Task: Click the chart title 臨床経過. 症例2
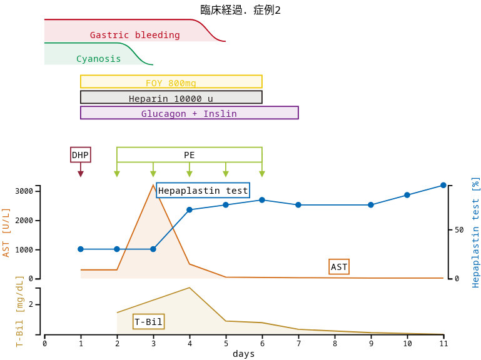(240, 10)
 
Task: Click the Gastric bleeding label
(134, 35)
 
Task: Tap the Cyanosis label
(98, 59)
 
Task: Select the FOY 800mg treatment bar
(171, 82)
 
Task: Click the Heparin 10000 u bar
(171, 97)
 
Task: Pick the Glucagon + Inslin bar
(189, 113)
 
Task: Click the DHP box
(80, 155)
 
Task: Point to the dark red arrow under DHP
(81, 173)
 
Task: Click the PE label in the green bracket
(189, 155)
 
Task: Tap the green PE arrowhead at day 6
(262, 174)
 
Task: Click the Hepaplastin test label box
(203, 191)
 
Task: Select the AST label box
(339, 267)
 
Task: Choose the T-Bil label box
(149, 322)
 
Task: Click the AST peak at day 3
(153, 184)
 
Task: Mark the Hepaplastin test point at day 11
(443, 185)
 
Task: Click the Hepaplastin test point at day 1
(81, 249)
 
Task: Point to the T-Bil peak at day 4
(190, 287)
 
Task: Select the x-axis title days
(243, 354)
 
